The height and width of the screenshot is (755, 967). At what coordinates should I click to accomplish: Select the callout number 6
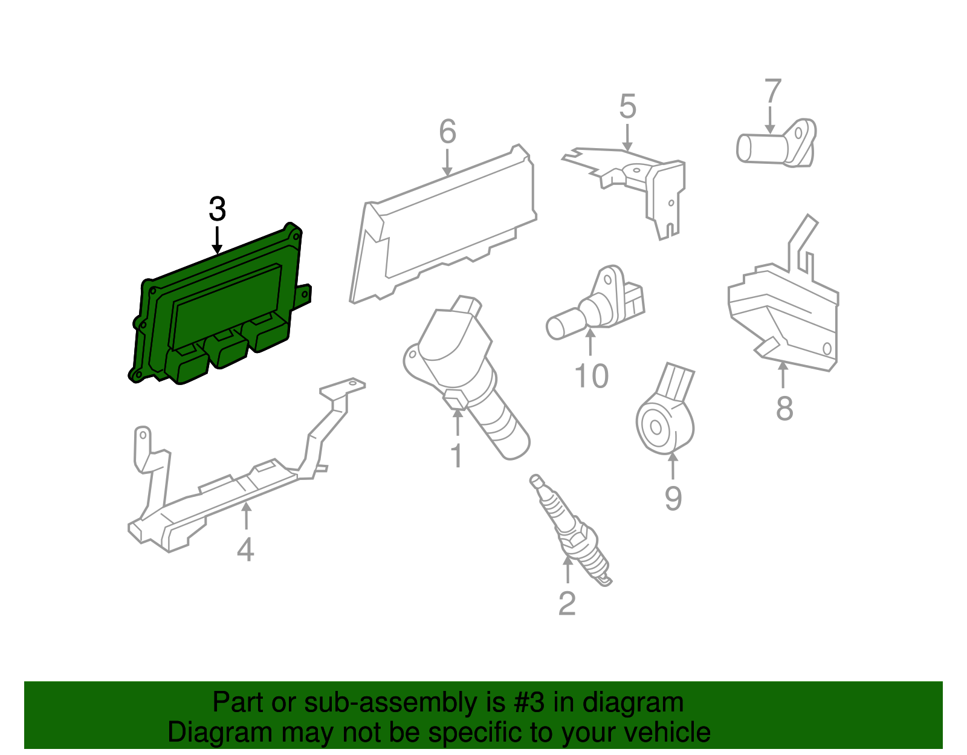tap(448, 131)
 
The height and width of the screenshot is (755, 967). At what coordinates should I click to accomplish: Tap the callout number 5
tap(627, 107)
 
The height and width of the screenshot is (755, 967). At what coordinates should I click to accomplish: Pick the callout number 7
tap(773, 91)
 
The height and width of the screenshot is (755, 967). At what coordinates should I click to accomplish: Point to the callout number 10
tap(592, 376)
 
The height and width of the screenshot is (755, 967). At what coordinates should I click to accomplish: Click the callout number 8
tap(784, 409)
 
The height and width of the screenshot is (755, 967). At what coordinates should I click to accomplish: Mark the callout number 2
tap(567, 604)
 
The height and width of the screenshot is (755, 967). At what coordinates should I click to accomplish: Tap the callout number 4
tap(245, 549)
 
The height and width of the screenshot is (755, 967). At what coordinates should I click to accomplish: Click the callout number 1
tap(457, 455)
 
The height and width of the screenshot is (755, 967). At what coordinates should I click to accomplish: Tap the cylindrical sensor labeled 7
tap(776, 143)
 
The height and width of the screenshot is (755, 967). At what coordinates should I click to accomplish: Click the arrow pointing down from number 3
tap(217, 241)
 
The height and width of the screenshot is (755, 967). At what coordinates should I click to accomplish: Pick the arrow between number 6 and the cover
tap(448, 163)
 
